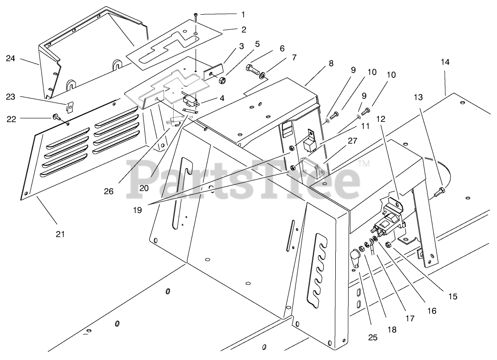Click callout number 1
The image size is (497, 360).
point(243,14)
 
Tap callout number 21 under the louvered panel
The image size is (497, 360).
point(60,234)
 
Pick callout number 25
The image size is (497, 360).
point(373,338)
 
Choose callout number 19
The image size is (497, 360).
point(138,210)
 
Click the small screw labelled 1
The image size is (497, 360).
point(196,16)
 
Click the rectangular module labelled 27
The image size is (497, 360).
point(311,167)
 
